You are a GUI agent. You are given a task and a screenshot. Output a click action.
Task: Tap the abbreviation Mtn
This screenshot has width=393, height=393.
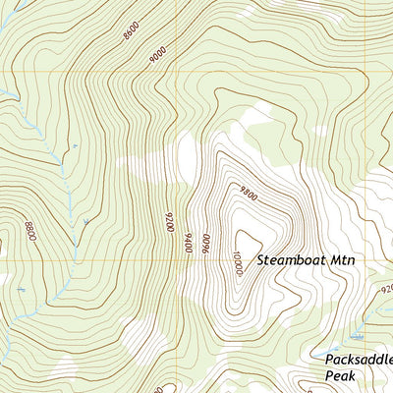[x=340, y=261]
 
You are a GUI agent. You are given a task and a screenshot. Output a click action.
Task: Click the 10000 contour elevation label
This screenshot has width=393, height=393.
[x=237, y=264]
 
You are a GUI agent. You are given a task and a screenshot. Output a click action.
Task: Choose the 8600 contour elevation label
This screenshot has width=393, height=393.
[x=131, y=29]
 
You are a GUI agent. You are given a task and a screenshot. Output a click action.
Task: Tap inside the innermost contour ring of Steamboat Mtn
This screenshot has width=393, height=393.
[x=246, y=241]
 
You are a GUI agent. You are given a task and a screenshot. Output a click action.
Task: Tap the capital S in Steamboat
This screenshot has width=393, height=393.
[x=262, y=261]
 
